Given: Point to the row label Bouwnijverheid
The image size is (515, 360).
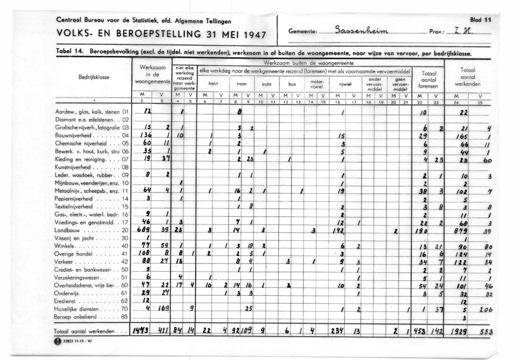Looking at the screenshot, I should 76,135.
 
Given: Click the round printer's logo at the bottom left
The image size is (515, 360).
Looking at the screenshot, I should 58,343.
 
